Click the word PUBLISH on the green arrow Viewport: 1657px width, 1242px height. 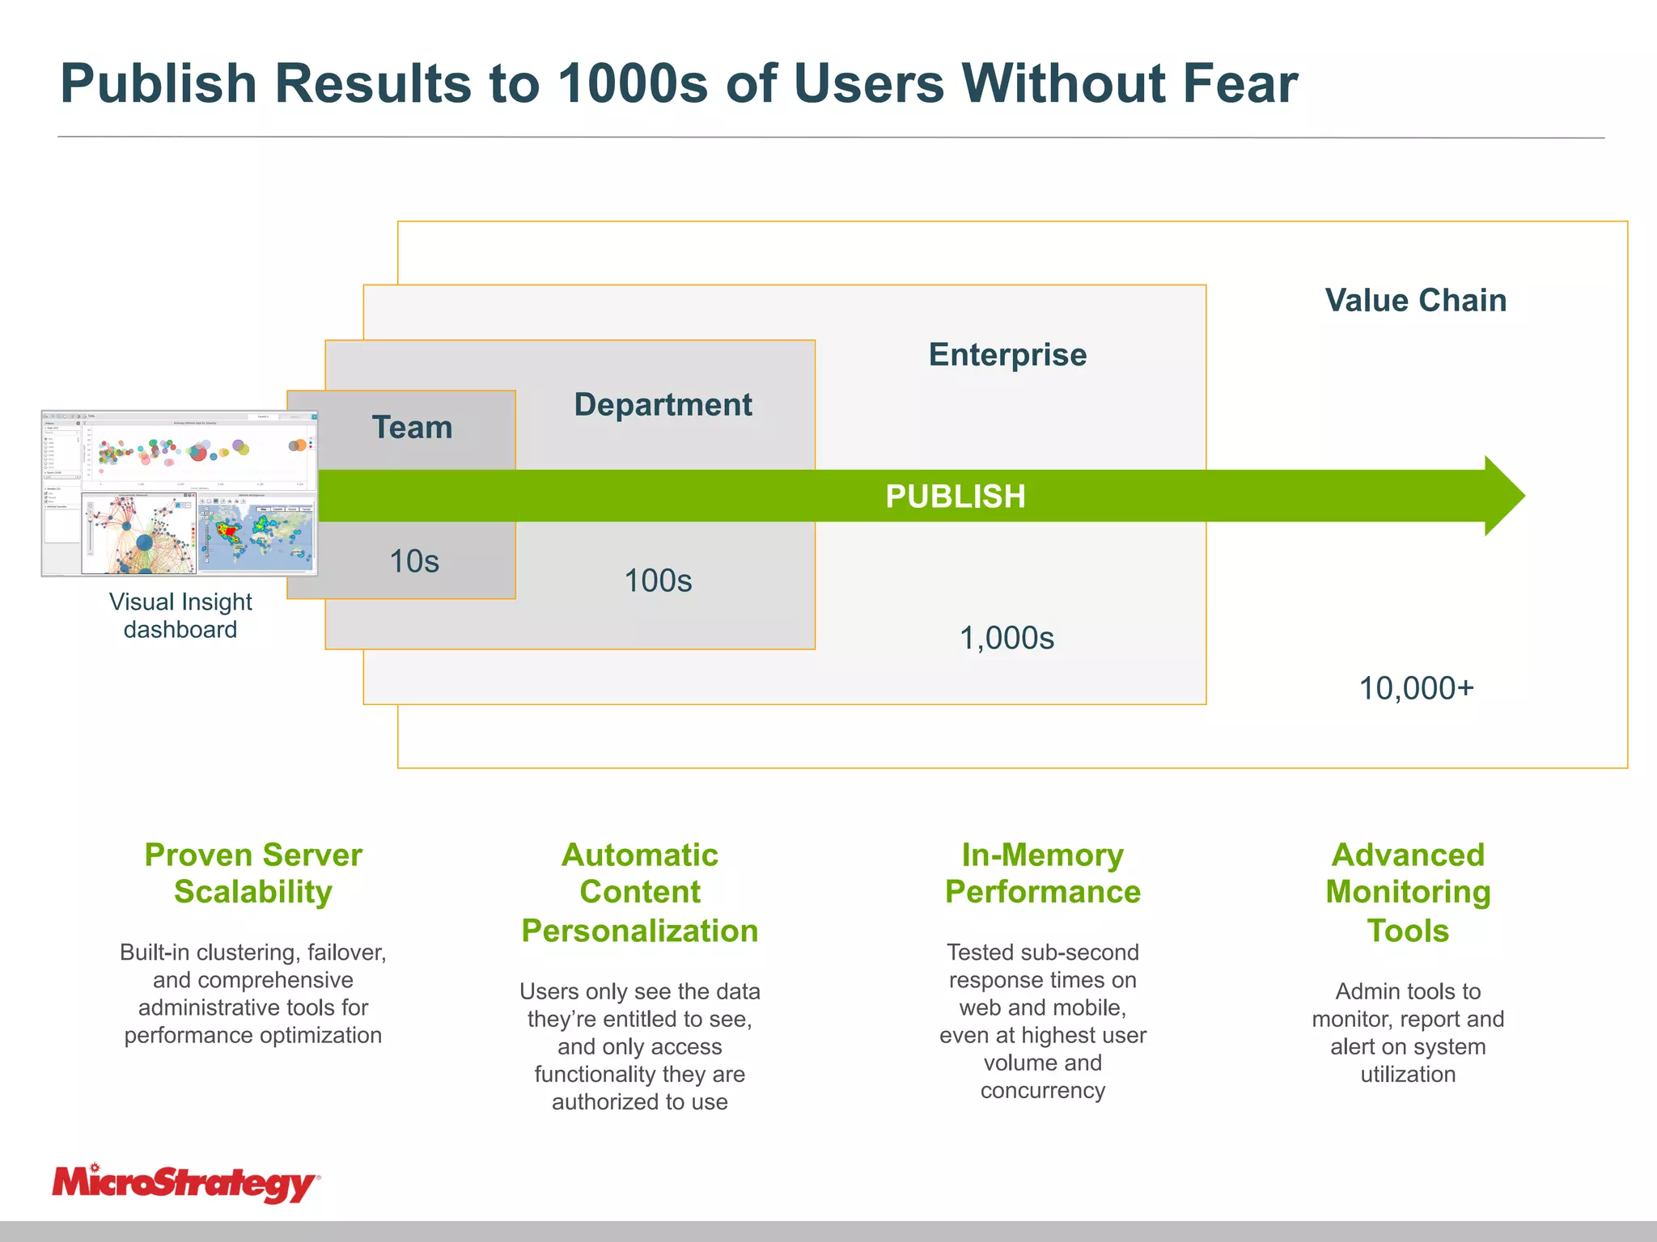click(955, 496)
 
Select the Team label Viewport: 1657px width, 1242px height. click(412, 427)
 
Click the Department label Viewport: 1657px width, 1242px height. click(663, 404)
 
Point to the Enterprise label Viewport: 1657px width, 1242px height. click(1007, 355)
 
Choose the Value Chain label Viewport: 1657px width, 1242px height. click(1415, 300)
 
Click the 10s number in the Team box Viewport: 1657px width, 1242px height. click(414, 561)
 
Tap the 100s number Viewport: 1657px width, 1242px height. click(658, 581)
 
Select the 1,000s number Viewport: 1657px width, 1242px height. click(1006, 638)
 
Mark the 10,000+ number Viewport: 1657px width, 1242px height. click(1416, 688)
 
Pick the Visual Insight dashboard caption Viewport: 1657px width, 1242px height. click(180, 615)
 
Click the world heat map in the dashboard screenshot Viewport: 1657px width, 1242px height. click(257, 534)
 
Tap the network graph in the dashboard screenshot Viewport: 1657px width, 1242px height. click(139, 534)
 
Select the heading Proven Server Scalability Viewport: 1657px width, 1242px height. click(253, 873)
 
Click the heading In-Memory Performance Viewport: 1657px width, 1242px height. click(1042, 873)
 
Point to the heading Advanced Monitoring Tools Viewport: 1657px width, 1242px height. click(1408, 892)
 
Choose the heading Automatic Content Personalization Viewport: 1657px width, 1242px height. click(639, 892)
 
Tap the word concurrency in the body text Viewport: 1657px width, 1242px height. click(1042, 1090)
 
